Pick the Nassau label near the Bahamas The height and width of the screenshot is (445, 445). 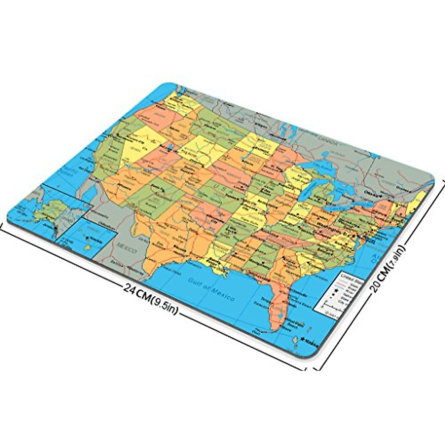point(311,340)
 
